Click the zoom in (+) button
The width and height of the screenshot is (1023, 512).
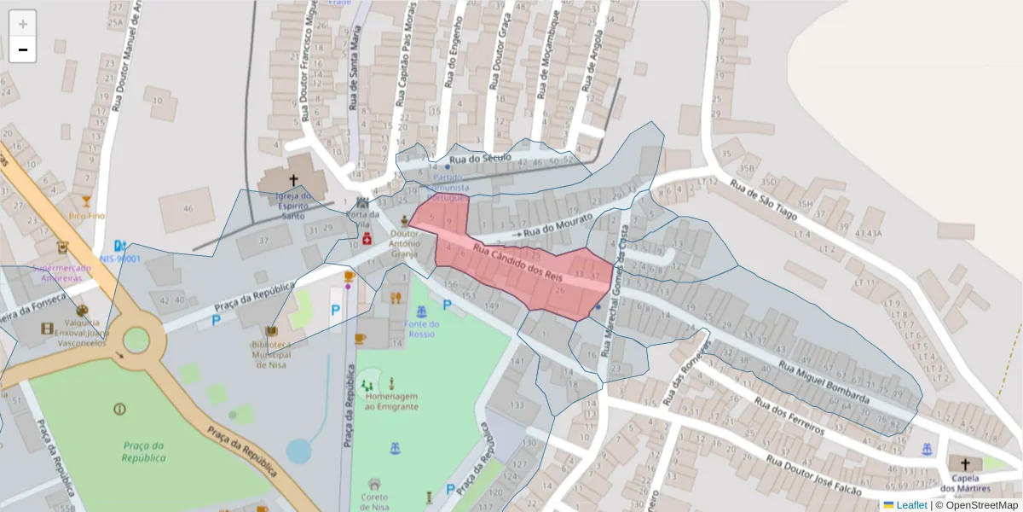tap(22, 24)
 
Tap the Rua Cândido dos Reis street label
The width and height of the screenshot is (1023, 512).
tap(519, 263)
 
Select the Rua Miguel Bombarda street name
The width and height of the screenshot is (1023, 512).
tap(824, 382)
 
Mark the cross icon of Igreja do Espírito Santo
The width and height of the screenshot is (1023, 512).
tap(294, 181)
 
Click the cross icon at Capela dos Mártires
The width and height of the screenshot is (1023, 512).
tap(965, 464)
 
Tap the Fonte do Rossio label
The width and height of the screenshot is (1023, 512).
tap(422, 329)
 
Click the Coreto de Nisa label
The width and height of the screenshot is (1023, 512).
tap(374, 503)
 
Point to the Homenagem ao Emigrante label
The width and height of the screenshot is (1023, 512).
tap(391, 401)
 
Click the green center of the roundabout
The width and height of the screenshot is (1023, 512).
tap(136, 340)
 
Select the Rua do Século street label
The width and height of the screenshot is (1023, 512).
tap(480, 159)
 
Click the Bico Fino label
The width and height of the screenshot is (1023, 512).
tap(87, 216)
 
